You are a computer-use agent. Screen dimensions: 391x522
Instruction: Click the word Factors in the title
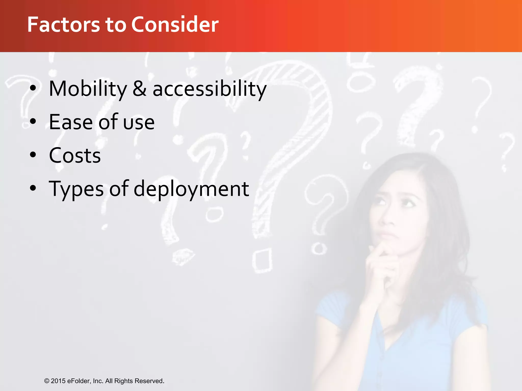pos(63,24)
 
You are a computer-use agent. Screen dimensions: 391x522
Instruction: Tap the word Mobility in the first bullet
pos(88,89)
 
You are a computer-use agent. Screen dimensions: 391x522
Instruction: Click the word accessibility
pos(210,89)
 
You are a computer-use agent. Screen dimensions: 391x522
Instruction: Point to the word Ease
pos(71,122)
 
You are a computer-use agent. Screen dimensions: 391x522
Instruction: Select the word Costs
pos(75,156)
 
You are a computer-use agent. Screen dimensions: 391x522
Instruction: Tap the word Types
pos(76,189)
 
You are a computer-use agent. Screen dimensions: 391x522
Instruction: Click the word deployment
pos(191,189)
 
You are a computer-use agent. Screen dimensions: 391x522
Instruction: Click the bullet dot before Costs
pos(33,155)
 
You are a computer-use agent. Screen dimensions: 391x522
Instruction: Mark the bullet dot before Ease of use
pos(33,121)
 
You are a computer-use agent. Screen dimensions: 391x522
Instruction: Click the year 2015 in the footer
pos(58,381)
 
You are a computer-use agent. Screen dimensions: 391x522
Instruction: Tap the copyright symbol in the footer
pos(47,381)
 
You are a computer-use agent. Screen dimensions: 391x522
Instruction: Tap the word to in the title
pos(116,24)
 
